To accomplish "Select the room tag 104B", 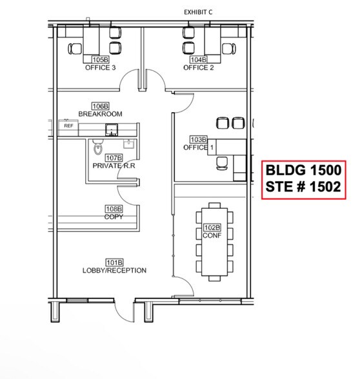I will pyautogui.click(x=198, y=60).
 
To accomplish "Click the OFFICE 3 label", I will pyautogui.click(x=100, y=67).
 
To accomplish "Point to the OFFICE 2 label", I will pyautogui.click(x=198, y=67).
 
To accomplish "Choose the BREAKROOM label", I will pyautogui.click(x=100, y=114).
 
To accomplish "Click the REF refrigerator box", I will pyautogui.click(x=68, y=126).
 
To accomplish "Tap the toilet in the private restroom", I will pyautogui.click(x=97, y=146).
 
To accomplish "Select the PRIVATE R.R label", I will pyautogui.click(x=113, y=166).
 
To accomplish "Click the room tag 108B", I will pyautogui.click(x=114, y=209).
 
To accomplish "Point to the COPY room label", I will pyautogui.click(x=114, y=217).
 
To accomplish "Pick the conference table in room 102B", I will pyautogui.click(x=213, y=242).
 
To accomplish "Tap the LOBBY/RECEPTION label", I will pyautogui.click(x=114, y=270).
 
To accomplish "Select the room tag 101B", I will pyautogui.click(x=114, y=262).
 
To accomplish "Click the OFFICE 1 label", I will pyautogui.click(x=198, y=148).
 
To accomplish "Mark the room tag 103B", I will pyautogui.click(x=198, y=140).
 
